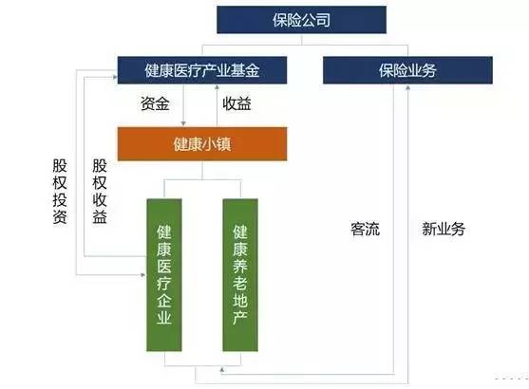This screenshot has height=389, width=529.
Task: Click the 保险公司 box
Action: [301, 20]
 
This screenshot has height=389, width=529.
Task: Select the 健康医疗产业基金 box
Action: [202, 70]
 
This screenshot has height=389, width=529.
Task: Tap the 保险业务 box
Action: [407, 70]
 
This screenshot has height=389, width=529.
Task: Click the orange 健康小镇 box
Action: [202, 144]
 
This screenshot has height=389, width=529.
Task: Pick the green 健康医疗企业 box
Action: [164, 275]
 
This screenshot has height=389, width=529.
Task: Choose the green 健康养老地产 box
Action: [240, 275]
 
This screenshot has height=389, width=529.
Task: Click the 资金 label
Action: [155, 103]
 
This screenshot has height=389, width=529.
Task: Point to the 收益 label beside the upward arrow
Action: [236, 103]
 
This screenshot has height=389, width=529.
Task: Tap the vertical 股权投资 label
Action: [60, 192]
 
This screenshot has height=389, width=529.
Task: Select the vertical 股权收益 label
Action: [100, 192]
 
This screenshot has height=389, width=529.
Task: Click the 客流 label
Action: [365, 230]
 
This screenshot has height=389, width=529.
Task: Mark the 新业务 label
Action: [444, 230]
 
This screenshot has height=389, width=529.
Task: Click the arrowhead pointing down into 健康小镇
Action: [183, 123]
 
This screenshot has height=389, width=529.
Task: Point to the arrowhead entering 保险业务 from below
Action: [407, 87]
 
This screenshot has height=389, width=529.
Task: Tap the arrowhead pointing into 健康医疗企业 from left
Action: [143, 275]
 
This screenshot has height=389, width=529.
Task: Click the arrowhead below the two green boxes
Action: [222, 370]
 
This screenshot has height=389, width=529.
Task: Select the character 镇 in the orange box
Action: [224, 144]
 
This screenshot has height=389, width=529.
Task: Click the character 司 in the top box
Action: [323, 20]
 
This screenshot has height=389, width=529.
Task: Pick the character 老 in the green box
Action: [240, 283]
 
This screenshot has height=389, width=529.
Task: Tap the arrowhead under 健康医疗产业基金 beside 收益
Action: [217, 87]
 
